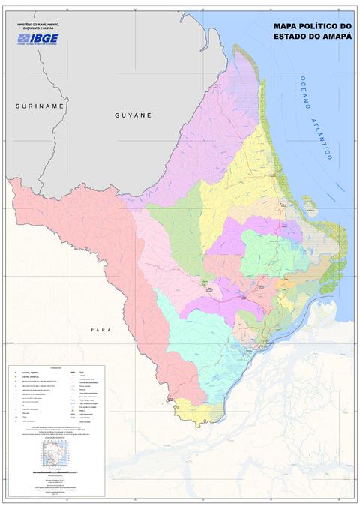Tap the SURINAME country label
[40, 106]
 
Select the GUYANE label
[133, 115]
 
